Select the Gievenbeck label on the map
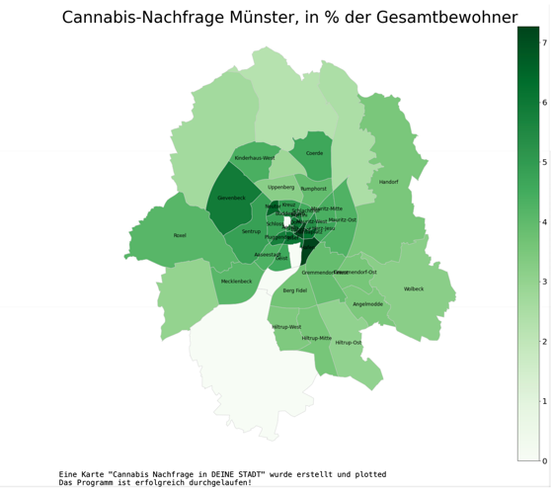[x=231, y=198]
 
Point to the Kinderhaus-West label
[x=254, y=158]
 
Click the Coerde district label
[x=314, y=153]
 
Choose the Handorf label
[x=388, y=182]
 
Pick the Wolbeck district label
[x=414, y=288]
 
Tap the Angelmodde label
[x=367, y=304]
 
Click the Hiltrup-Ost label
[x=348, y=343]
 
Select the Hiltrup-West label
[x=286, y=327]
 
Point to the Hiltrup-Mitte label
[x=317, y=338]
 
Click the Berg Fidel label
[x=294, y=290]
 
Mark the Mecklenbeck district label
[x=236, y=281]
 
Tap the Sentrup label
[x=252, y=231]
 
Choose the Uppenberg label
[x=280, y=187]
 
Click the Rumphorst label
[x=313, y=188]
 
